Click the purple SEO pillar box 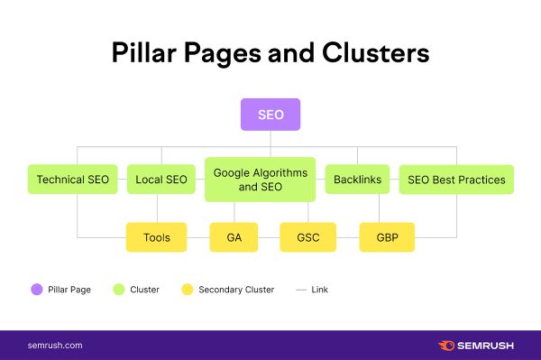click(x=270, y=115)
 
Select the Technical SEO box click(x=72, y=180)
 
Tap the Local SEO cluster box click(x=161, y=180)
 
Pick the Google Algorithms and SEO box click(x=261, y=179)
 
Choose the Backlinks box click(x=357, y=180)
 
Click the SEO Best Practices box click(x=456, y=180)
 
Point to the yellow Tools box click(x=157, y=237)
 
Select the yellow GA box click(x=233, y=237)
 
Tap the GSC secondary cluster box click(x=307, y=237)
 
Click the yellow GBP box click(x=387, y=237)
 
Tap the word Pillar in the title click(x=143, y=53)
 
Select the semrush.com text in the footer click(x=55, y=345)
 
